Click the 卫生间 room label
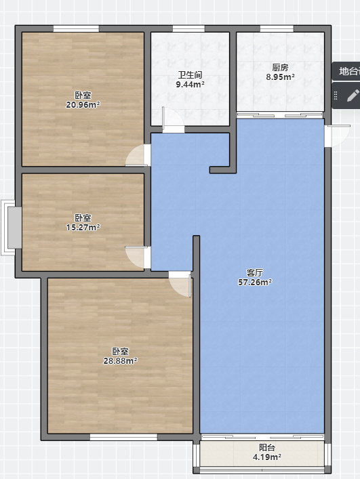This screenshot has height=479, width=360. pos(190,75)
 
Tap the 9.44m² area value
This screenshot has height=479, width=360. pos(190,84)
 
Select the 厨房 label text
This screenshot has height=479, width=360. pos(280,67)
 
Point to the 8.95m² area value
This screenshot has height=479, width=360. pos(280,77)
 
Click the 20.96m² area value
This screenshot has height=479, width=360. pos(83,105)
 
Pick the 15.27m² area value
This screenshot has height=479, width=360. pos(83,227)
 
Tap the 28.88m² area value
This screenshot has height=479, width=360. pos(120,361)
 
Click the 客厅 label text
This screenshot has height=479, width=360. pos(254,272)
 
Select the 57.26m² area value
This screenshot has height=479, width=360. pos(255,282)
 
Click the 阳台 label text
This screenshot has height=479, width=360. pos(267,448)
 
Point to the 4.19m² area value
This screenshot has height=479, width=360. pos(267,457)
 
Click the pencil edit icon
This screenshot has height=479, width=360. pos(353,96)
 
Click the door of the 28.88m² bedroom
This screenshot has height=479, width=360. pos(180,284)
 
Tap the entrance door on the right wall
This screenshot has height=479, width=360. pos(338,136)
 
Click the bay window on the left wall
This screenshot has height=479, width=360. pos(12,227)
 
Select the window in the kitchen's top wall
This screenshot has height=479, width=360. pos(277,28)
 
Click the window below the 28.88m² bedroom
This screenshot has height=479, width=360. pos(123,437)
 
